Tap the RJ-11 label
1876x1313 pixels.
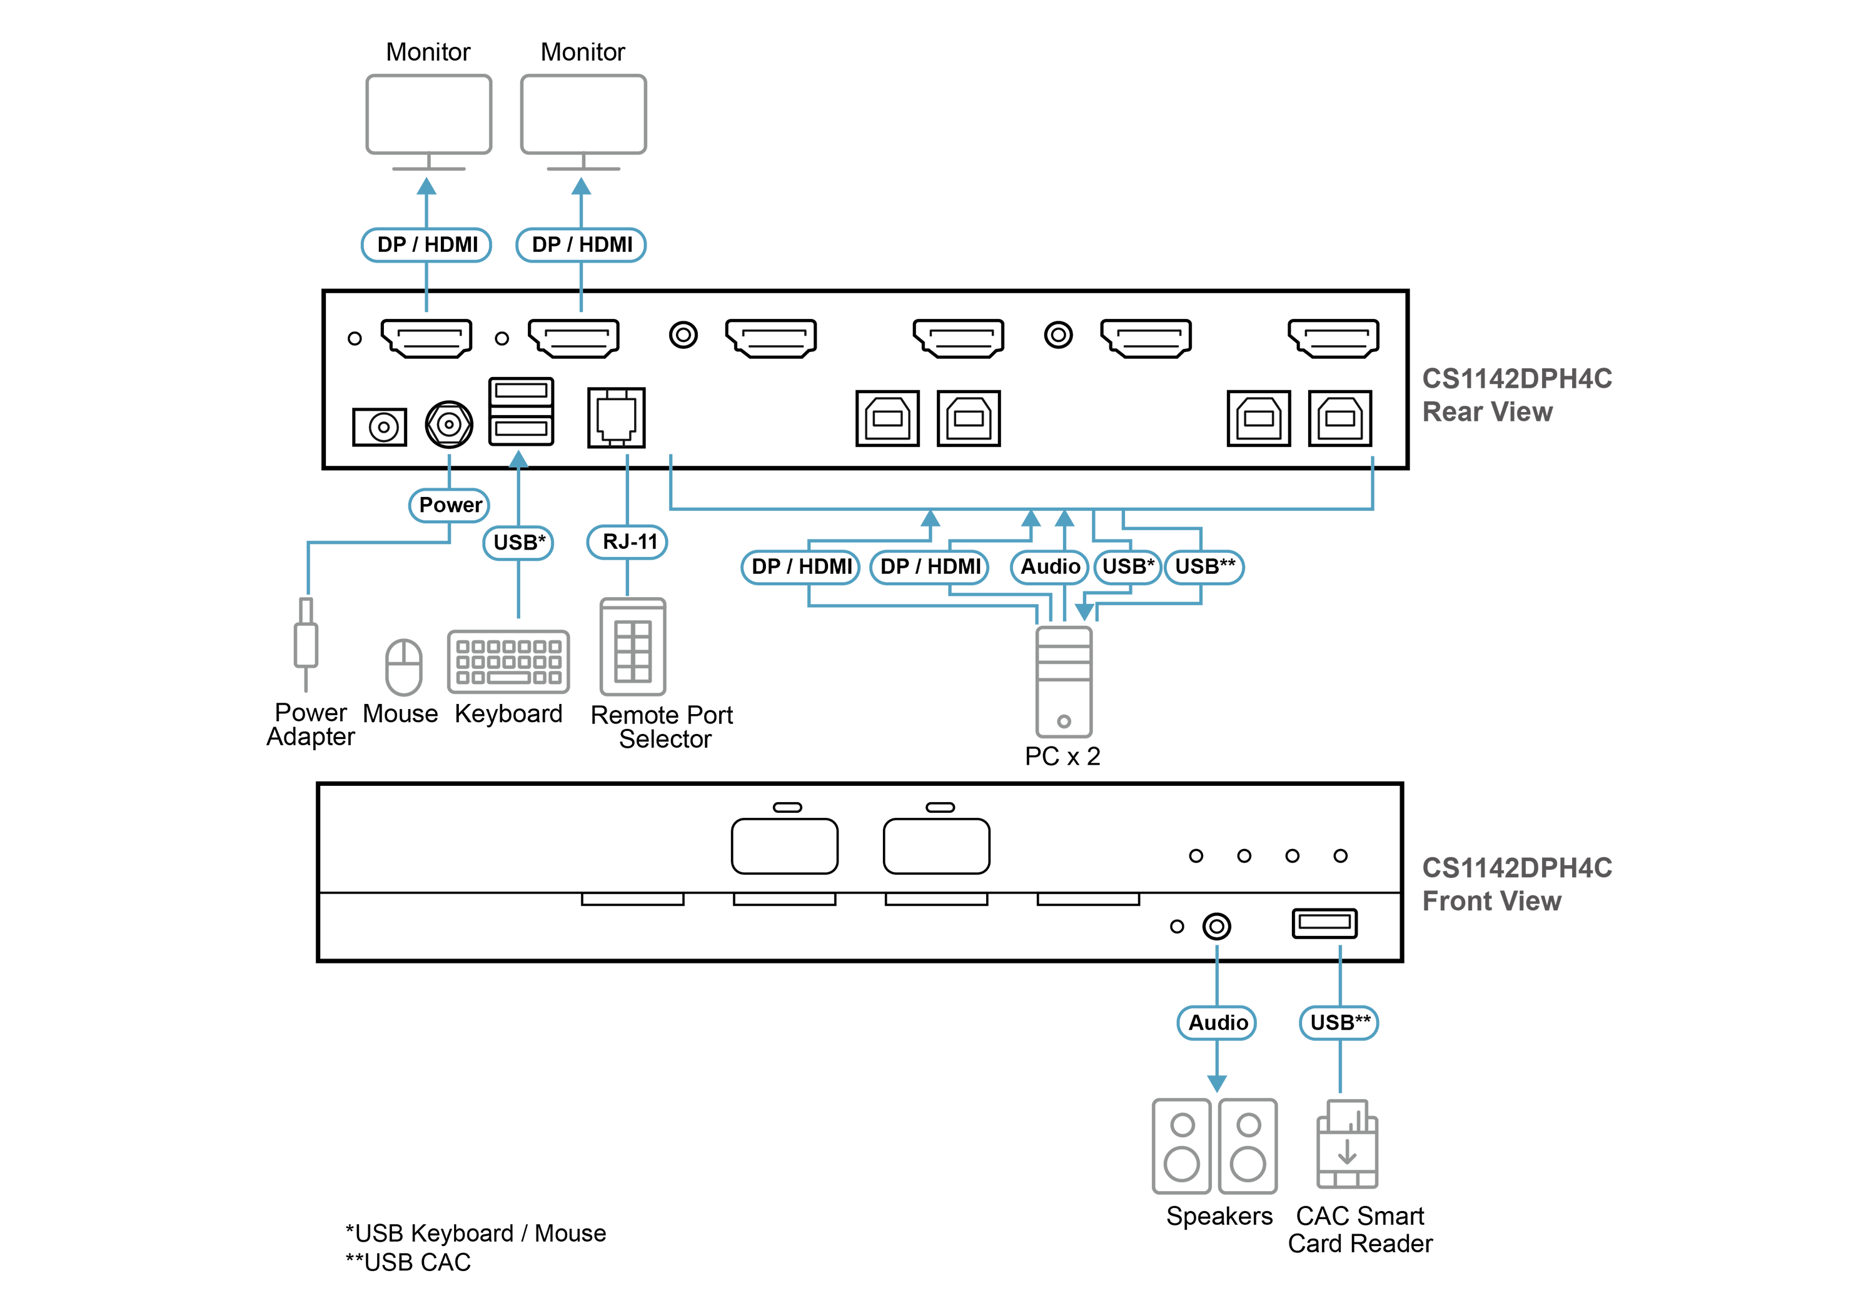pyautogui.click(x=627, y=541)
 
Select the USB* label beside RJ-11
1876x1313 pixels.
pyautogui.click(x=518, y=543)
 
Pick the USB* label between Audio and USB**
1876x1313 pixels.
pyautogui.click(x=1127, y=567)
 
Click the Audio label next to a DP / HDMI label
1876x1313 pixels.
pyautogui.click(x=1049, y=567)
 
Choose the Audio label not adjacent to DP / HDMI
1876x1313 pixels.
pyautogui.click(x=1217, y=1022)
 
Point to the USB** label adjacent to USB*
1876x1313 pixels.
pyautogui.click(x=1204, y=567)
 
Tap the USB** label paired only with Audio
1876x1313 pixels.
pyautogui.click(x=1338, y=1022)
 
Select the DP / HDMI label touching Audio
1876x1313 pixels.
pyautogui.click(x=930, y=567)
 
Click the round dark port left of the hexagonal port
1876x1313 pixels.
pyautogui.click(x=381, y=426)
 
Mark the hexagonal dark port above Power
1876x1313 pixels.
pyautogui.click(x=448, y=424)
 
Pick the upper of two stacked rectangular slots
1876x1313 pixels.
pyautogui.click(x=520, y=391)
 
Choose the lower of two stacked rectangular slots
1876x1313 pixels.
pyautogui.click(x=520, y=429)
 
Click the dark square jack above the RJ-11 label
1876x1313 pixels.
pyautogui.click(x=616, y=416)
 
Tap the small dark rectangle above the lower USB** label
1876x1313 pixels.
pyautogui.click(x=1324, y=922)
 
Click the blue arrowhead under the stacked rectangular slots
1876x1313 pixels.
pyautogui.click(x=518, y=458)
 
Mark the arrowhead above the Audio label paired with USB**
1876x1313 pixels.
pyautogui.click(x=1217, y=953)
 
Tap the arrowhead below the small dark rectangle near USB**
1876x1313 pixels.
pyautogui.click(x=1340, y=952)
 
